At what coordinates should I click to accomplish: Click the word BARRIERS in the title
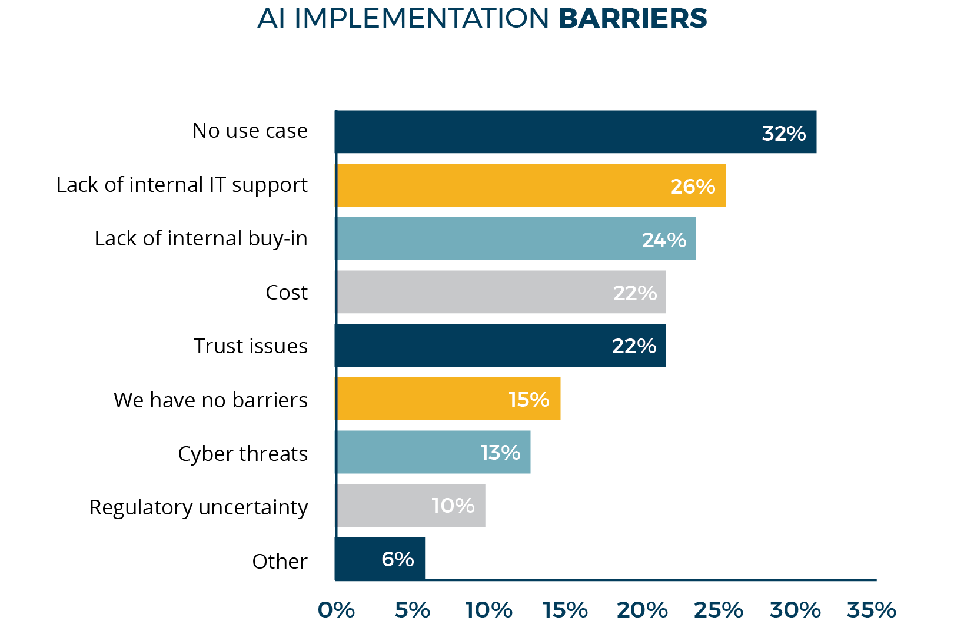pyautogui.click(x=632, y=18)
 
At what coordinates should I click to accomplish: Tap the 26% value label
pyautogui.click(x=692, y=187)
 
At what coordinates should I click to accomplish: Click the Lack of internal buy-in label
pyautogui.click(x=201, y=238)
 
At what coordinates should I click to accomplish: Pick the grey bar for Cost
pyautogui.click(x=471, y=292)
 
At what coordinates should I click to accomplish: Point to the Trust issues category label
pyautogui.click(x=251, y=346)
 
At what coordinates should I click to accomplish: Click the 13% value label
pyautogui.click(x=500, y=453)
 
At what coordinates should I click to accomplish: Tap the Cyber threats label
pyautogui.click(x=242, y=454)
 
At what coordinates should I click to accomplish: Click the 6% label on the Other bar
pyautogui.click(x=397, y=559)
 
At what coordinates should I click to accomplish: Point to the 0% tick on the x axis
pyautogui.click(x=336, y=610)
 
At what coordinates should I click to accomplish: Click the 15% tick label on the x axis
pyautogui.click(x=565, y=610)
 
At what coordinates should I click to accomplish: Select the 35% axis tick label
pyautogui.click(x=871, y=610)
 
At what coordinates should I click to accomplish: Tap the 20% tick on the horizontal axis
pyautogui.click(x=641, y=610)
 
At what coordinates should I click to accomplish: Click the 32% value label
pyautogui.click(x=783, y=134)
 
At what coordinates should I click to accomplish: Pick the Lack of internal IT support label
pyautogui.click(x=182, y=185)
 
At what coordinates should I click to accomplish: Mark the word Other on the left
pyautogui.click(x=280, y=562)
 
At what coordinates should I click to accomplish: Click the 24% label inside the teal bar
pyautogui.click(x=664, y=240)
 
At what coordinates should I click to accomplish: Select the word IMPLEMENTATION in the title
pyautogui.click(x=421, y=18)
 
